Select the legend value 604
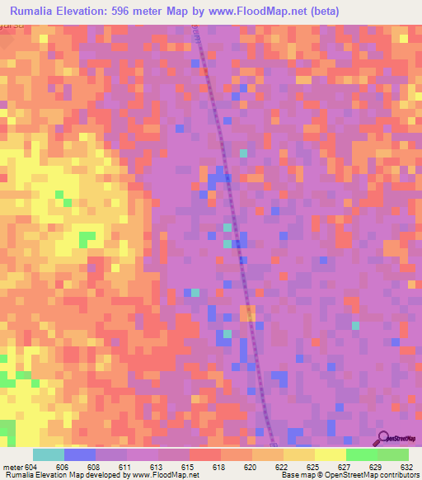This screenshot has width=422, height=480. [x=30, y=466]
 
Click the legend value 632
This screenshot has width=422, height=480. [x=406, y=466]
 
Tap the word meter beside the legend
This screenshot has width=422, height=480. [x=12, y=466]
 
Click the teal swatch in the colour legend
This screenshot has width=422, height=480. [x=49, y=454]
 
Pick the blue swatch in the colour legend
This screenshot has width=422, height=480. [x=80, y=454]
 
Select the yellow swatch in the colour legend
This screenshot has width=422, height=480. [x=331, y=454]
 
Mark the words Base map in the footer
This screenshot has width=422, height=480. [x=292, y=475]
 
